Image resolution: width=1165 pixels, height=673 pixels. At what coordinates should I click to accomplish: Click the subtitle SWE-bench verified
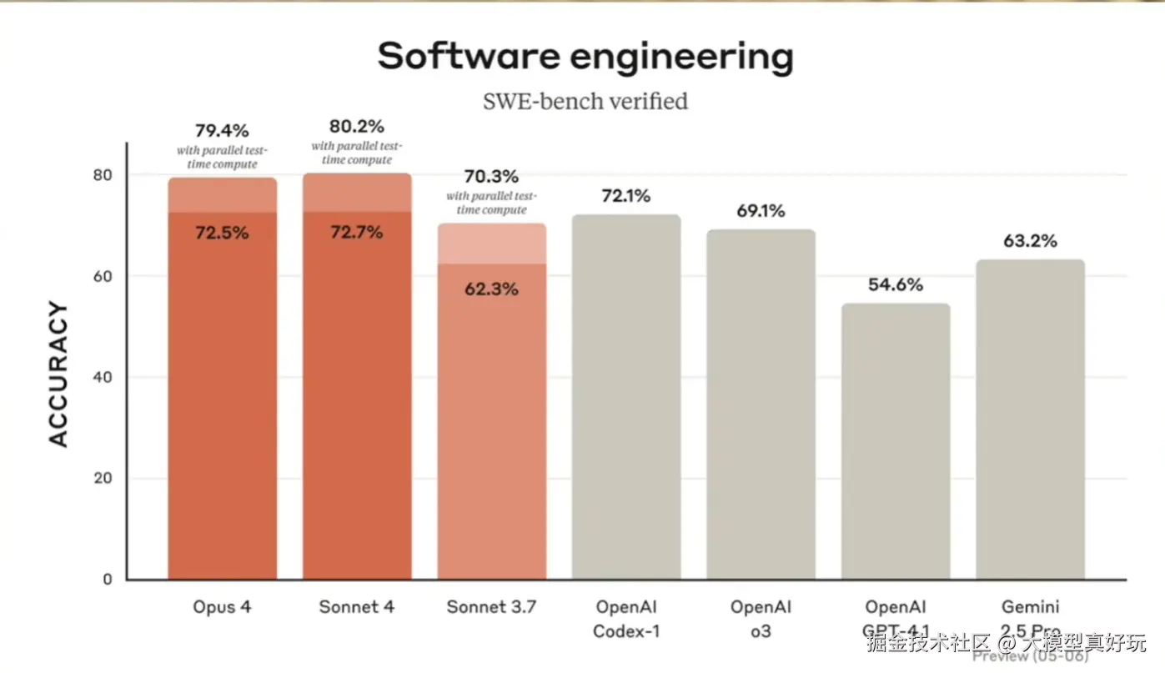click(x=585, y=102)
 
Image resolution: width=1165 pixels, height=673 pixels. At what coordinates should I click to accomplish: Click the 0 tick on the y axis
click(x=108, y=580)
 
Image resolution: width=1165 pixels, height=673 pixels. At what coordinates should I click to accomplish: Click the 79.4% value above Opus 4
click(x=222, y=131)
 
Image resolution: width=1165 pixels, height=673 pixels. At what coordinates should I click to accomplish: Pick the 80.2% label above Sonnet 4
click(x=357, y=127)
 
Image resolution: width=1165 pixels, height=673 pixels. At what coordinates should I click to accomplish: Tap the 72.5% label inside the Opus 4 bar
click(x=222, y=233)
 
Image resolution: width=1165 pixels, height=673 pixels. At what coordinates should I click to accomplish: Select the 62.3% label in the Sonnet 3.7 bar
click(x=491, y=289)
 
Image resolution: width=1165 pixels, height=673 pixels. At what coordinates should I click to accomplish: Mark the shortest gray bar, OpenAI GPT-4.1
click(x=896, y=441)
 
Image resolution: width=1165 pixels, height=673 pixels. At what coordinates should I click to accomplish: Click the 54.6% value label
click(x=896, y=285)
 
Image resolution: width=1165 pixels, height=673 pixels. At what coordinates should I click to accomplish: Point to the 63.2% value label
click(x=1030, y=241)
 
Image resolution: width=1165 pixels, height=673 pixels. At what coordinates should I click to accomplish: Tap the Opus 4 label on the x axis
click(x=222, y=607)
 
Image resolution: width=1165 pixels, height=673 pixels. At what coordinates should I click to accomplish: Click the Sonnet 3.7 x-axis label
click(x=491, y=607)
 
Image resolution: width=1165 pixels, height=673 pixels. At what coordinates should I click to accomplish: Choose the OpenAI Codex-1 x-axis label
click(x=626, y=619)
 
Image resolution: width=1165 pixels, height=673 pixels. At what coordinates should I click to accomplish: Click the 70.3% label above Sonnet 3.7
click(x=491, y=177)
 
